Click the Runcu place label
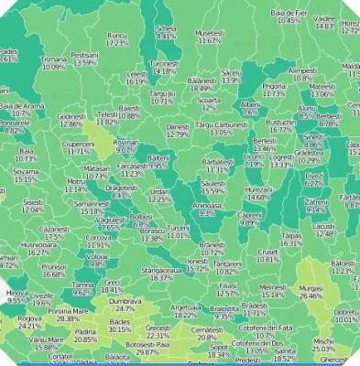(117, 34)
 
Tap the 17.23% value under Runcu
(117, 42)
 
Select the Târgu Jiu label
(162, 93)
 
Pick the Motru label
(76, 181)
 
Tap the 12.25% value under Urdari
(160, 199)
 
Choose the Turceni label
(179, 227)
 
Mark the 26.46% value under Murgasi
(311, 296)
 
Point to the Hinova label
(17, 292)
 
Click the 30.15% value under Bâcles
(120, 329)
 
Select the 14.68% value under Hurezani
(259, 197)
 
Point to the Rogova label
(29, 318)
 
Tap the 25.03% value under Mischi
(323, 349)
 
